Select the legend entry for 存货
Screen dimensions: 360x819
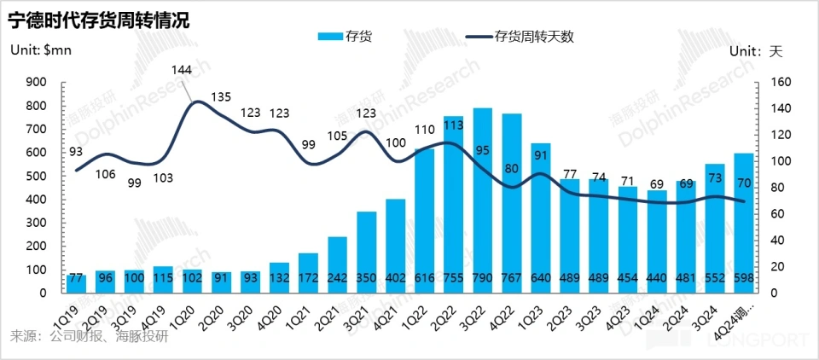click(345, 37)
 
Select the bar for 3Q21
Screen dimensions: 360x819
click(367, 252)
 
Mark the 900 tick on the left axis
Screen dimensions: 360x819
click(37, 82)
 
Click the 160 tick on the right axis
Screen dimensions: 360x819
click(781, 82)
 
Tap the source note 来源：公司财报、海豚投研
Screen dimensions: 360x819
click(90, 336)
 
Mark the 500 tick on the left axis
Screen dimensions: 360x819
click(37, 176)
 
